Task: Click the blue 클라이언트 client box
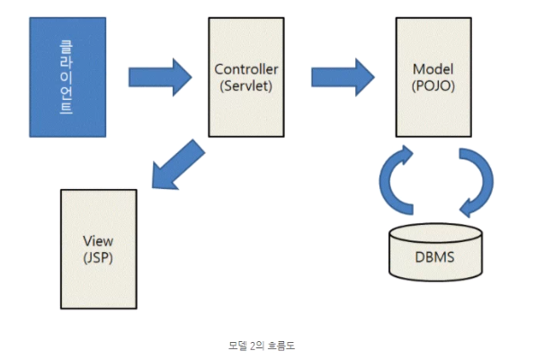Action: pyautogui.click(x=67, y=77)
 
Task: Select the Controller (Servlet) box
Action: pyautogui.click(x=246, y=77)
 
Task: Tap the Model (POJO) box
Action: pyautogui.click(x=433, y=77)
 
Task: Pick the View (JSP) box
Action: pyautogui.click(x=99, y=249)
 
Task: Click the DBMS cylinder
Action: pyautogui.click(x=435, y=252)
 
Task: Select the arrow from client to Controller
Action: pyautogui.click(x=160, y=77)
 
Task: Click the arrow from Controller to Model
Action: pyautogui.click(x=343, y=77)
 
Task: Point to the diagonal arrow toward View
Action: pyautogui.click(x=178, y=165)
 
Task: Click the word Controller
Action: pyautogui.click(x=246, y=69)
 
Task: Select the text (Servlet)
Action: pyautogui.click(x=246, y=85)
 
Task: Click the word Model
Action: pyautogui.click(x=433, y=69)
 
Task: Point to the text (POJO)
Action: pyautogui.click(x=433, y=85)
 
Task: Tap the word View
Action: pyautogui.click(x=98, y=241)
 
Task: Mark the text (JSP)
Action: pyautogui.click(x=98, y=257)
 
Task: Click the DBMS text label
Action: pyautogui.click(x=434, y=257)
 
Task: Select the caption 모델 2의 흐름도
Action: pyautogui.click(x=262, y=346)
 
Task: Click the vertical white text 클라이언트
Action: pyautogui.click(x=67, y=77)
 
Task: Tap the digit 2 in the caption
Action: pyautogui.click(x=253, y=346)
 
